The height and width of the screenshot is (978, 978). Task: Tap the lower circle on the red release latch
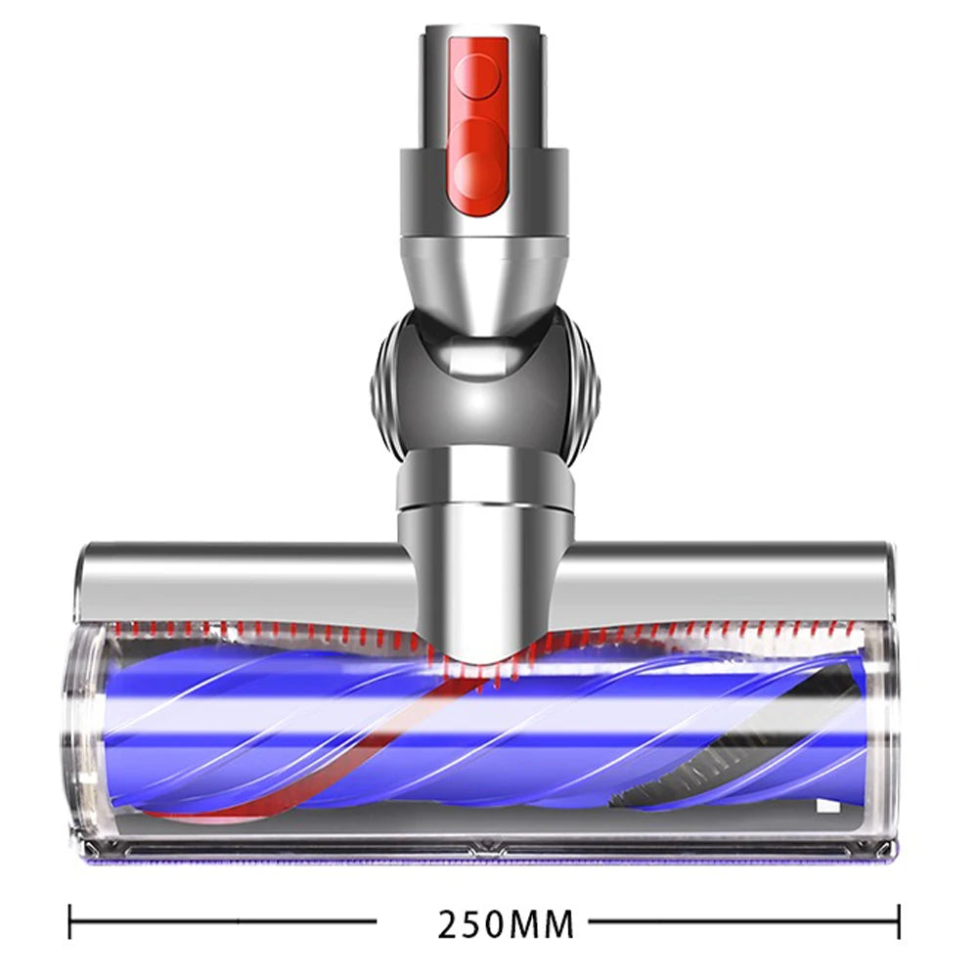point(479,173)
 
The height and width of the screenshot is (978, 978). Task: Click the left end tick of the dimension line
point(70,921)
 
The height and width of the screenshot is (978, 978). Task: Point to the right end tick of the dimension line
point(898,921)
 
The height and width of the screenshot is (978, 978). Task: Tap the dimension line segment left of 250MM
point(225,921)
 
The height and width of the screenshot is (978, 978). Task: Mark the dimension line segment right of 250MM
point(743,921)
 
